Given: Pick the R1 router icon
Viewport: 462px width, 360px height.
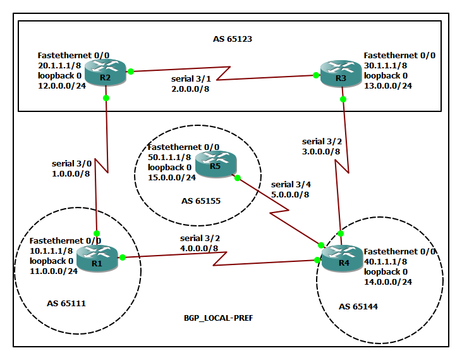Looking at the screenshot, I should click(x=97, y=258).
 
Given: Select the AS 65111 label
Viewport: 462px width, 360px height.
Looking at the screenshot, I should click(x=66, y=303).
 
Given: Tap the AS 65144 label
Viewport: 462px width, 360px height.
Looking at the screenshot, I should click(x=358, y=306).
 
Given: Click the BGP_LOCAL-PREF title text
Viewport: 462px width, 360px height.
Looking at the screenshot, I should click(x=214, y=318).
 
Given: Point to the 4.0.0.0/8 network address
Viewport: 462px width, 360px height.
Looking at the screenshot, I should click(x=199, y=248).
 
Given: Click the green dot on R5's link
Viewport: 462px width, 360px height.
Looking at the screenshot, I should click(x=238, y=178).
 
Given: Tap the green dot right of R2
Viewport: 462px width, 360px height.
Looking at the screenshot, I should click(x=130, y=71).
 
